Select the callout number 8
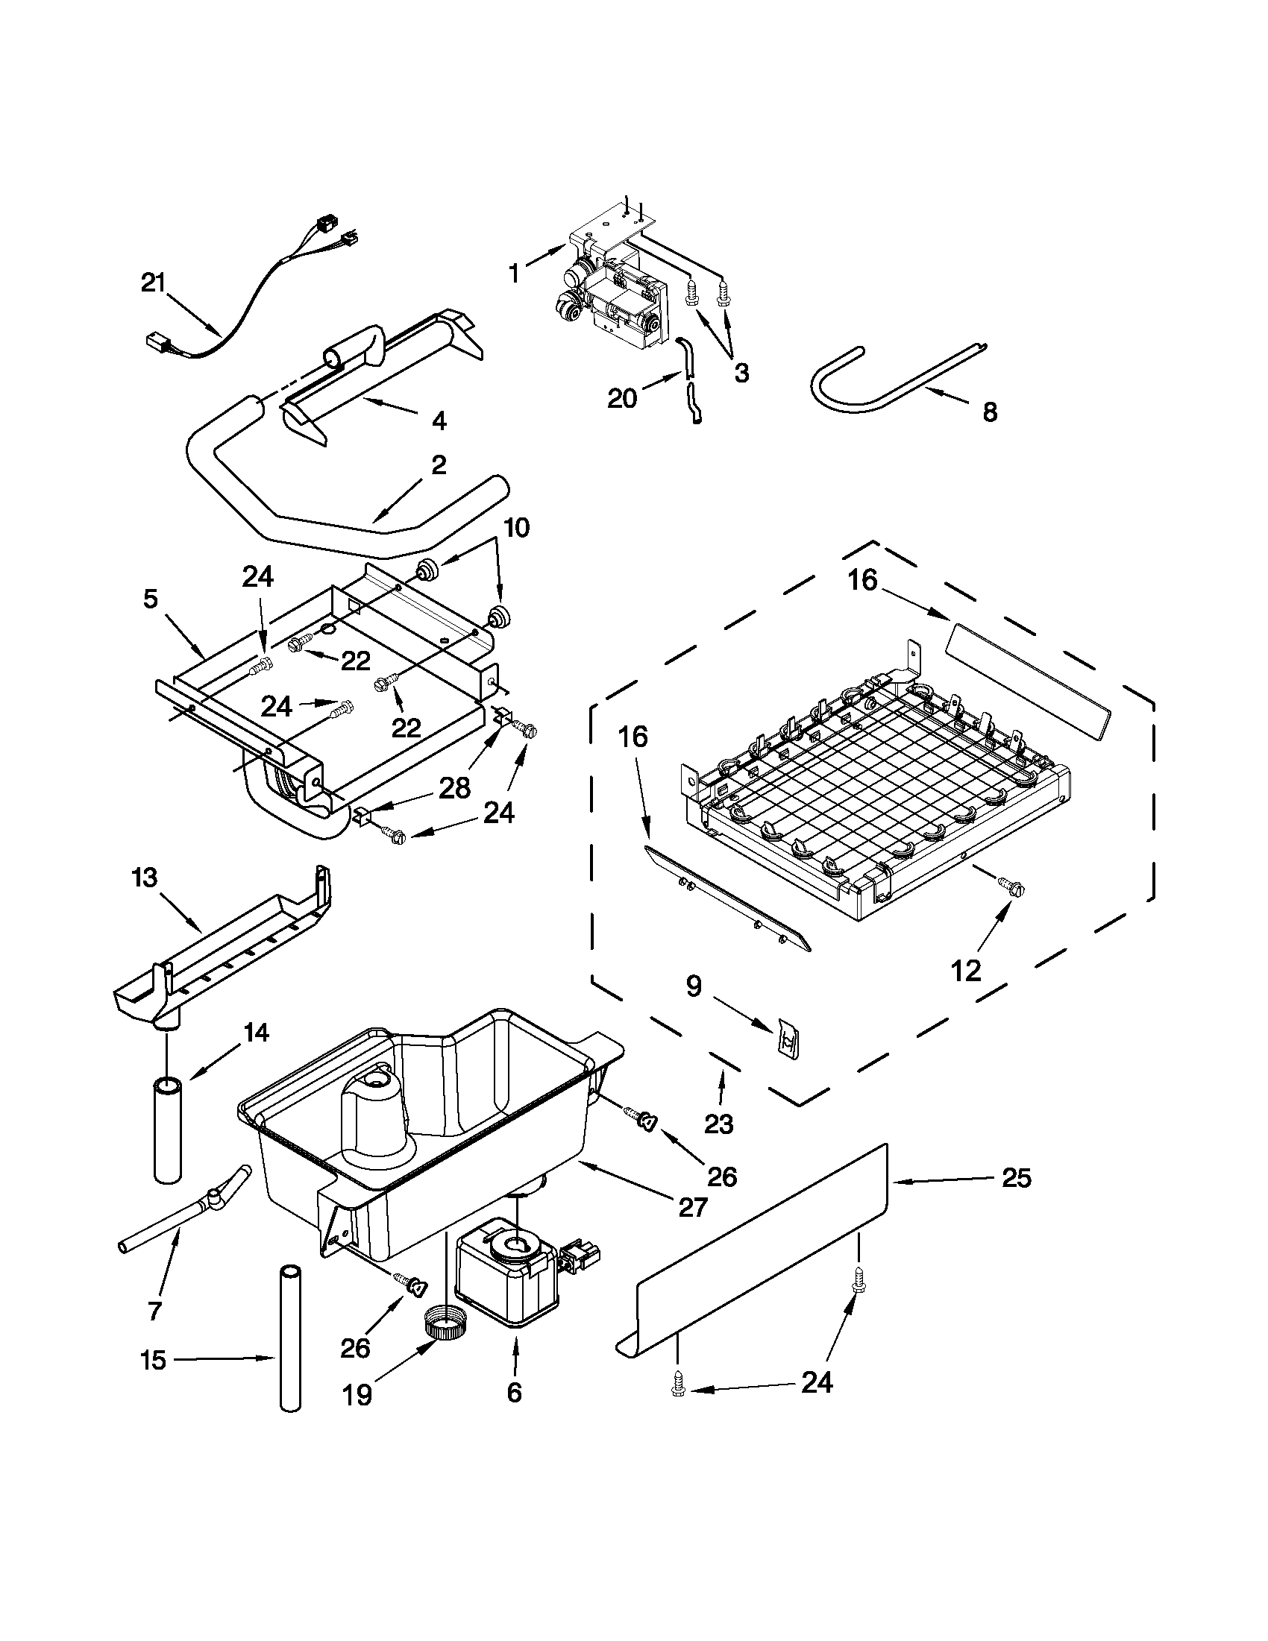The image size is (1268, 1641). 989,412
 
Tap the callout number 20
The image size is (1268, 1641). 622,398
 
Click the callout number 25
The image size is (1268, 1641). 1016,1178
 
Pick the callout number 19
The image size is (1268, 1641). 357,1394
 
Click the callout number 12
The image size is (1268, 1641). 966,971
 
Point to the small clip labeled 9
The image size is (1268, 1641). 787,1039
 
